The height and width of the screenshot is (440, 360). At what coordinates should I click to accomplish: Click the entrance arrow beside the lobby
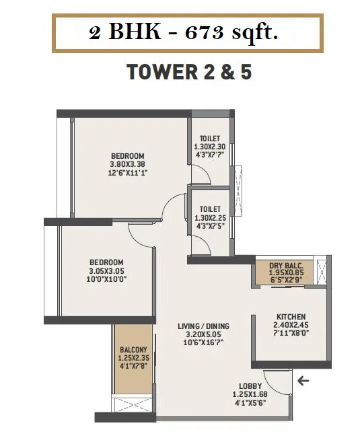[303, 381]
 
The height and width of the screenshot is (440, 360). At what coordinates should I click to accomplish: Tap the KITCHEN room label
[291, 316]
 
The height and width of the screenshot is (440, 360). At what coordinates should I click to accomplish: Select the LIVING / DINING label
[203, 326]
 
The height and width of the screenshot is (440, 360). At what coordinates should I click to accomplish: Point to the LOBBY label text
[250, 386]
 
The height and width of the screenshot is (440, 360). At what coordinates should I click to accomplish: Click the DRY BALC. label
[286, 266]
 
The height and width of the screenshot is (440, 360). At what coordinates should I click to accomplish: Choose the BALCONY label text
[133, 350]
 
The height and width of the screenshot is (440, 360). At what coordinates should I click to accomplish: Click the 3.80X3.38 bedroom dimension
[128, 164]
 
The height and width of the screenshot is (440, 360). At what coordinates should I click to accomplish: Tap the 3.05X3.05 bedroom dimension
[106, 271]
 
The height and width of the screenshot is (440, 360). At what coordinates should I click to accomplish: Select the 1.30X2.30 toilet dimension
[209, 147]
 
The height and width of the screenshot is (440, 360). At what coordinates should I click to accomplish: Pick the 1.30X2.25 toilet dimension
[210, 218]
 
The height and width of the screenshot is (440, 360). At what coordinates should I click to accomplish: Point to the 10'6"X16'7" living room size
[204, 342]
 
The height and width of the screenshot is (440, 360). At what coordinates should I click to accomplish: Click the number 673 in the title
[205, 33]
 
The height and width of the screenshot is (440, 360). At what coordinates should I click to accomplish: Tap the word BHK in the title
[135, 32]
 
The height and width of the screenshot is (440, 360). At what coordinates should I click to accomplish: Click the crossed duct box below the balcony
[133, 404]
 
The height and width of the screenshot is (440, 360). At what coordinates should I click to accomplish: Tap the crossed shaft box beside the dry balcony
[322, 271]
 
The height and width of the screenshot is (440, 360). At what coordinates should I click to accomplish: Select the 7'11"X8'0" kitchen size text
[291, 333]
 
